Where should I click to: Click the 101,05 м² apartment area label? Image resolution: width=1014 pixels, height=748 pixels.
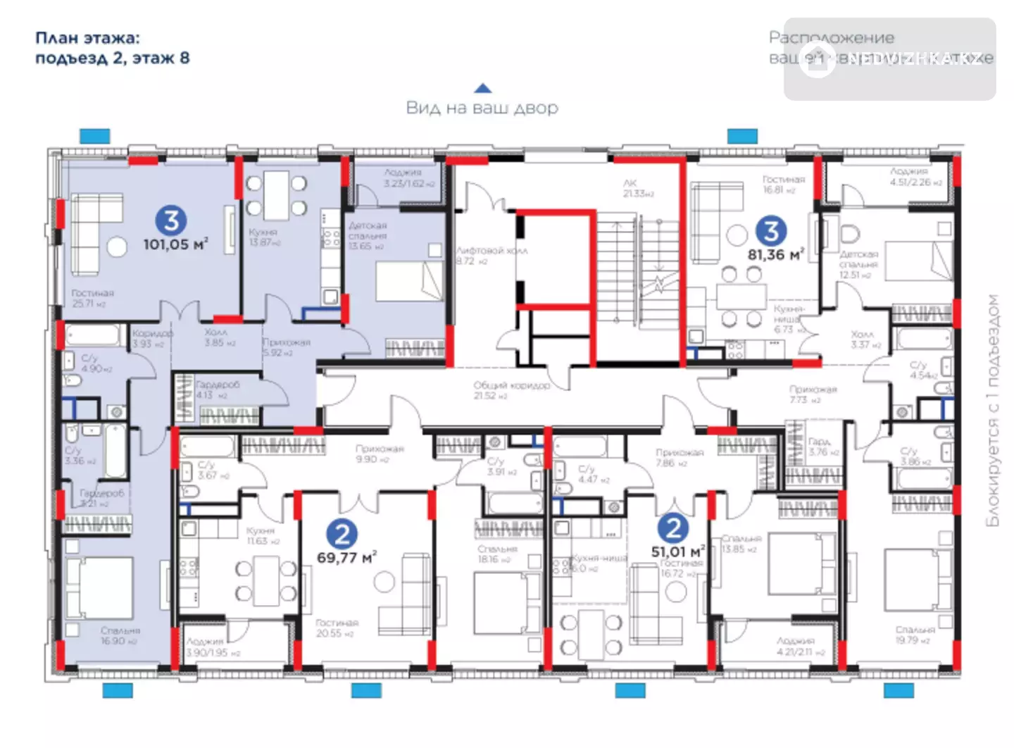pyautogui.click(x=175, y=244)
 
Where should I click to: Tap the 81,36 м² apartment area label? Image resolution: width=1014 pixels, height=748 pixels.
pyautogui.click(x=775, y=254)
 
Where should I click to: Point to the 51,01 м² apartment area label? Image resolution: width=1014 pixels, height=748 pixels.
pyautogui.click(x=677, y=551)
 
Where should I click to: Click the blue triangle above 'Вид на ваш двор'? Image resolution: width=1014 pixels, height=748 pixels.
pyautogui.click(x=482, y=88)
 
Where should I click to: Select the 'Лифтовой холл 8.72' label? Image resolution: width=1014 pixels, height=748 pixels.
pyautogui.click(x=491, y=256)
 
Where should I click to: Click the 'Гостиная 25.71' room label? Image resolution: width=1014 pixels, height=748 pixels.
pyautogui.click(x=92, y=298)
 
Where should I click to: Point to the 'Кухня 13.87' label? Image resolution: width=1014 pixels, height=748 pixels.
pyautogui.click(x=264, y=237)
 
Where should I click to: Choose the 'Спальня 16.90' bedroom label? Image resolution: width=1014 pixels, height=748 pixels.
pyautogui.click(x=120, y=635)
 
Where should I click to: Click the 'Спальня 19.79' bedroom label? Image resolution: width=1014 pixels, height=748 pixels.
pyautogui.click(x=915, y=635)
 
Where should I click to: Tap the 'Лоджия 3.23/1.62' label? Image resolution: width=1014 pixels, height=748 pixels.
pyautogui.click(x=403, y=177)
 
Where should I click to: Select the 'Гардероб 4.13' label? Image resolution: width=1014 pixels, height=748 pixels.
pyautogui.click(x=216, y=389)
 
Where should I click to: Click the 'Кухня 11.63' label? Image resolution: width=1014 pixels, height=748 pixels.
pyautogui.click(x=261, y=535)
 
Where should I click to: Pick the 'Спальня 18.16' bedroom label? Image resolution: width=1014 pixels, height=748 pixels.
pyautogui.click(x=497, y=554)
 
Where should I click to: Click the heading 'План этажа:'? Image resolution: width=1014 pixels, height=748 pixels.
pyautogui.click(x=87, y=38)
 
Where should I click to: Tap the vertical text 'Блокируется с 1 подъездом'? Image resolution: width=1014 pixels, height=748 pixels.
pyautogui.click(x=992, y=410)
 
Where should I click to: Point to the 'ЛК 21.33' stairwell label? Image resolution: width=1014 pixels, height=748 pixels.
pyautogui.click(x=637, y=188)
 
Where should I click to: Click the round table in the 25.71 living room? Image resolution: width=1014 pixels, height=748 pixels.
pyautogui.click(x=116, y=246)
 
